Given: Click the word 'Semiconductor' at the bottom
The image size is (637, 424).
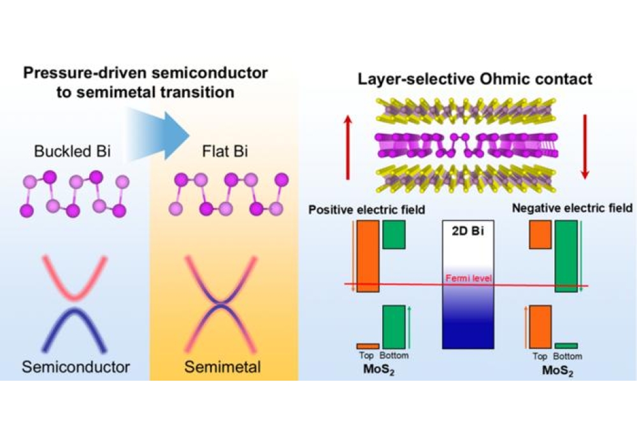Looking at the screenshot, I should tap(75, 367).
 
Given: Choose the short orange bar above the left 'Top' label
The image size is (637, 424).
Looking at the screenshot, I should tap(368, 346).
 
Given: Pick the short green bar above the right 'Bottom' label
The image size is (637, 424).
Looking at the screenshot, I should tap(566, 346).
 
